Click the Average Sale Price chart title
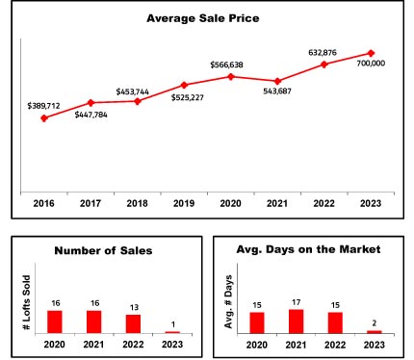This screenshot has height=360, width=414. (x=203, y=18)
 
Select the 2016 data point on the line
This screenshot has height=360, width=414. (x=44, y=118)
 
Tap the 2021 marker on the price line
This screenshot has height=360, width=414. (x=277, y=81)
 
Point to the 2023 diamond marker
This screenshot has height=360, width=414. (x=371, y=53)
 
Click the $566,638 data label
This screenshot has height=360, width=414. (x=226, y=64)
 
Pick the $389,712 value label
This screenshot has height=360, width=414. (x=43, y=106)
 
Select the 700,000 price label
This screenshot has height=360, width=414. (x=371, y=64)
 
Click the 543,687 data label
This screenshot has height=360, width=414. (x=277, y=91)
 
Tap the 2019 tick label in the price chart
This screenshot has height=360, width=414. (x=184, y=203)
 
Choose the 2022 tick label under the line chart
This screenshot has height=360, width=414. (x=323, y=203)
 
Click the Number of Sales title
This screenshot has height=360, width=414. (x=103, y=250)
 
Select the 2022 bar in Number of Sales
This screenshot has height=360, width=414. (x=133, y=323)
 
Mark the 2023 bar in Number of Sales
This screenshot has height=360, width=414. (x=172, y=332)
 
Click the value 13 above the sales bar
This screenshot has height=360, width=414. (x=134, y=307)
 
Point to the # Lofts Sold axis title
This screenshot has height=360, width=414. (x=27, y=302)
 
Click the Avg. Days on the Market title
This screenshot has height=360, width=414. (x=308, y=249)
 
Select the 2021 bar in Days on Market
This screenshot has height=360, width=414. (x=296, y=321)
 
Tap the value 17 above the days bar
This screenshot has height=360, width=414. (x=296, y=302)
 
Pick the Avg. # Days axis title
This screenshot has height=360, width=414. (x=228, y=302)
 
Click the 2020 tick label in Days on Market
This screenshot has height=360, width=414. (x=257, y=345)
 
